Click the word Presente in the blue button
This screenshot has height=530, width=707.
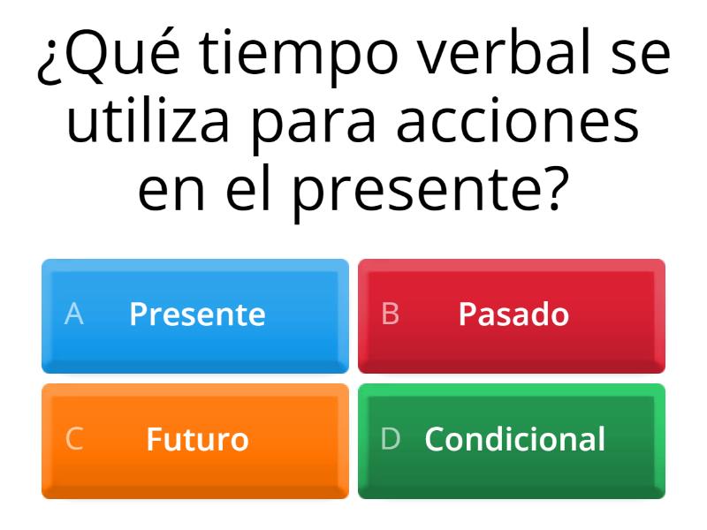[x=197, y=314]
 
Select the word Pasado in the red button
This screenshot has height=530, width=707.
[x=513, y=314]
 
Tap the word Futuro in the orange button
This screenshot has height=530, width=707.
[x=197, y=439]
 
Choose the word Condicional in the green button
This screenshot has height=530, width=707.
[x=514, y=439]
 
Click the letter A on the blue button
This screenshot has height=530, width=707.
[x=74, y=314]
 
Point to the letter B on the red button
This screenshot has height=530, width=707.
[x=390, y=314]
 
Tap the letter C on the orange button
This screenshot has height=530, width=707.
[x=74, y=439]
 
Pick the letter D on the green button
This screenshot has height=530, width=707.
[x=390, y=439]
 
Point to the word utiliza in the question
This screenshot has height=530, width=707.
[x=149, y=123]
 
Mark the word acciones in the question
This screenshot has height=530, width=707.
[x=518, y=123]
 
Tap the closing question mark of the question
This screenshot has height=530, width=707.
[x=551, y=190]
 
